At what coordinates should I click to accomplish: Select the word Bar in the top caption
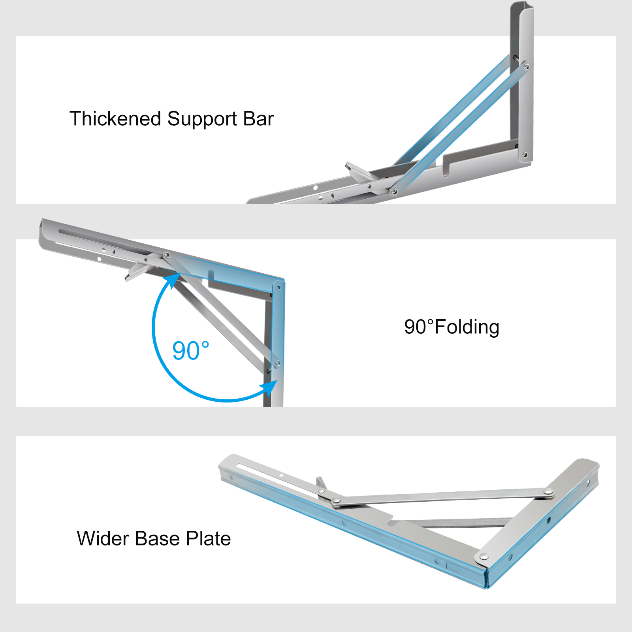[258, 119]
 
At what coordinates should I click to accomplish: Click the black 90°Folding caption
[451, 327]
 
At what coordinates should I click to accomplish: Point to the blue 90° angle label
[190, 350]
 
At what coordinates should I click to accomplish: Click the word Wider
[103, 538]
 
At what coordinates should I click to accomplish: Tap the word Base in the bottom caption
[158, 538]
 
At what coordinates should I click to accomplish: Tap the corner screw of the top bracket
[525, 155]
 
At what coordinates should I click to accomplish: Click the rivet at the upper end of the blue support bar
[526, 67]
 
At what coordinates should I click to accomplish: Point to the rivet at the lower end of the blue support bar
[394, 192]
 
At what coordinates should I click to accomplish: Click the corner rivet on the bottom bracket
[483, 557]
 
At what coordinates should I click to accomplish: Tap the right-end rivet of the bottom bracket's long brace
[548, 492]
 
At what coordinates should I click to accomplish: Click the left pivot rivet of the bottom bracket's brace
[337, 502]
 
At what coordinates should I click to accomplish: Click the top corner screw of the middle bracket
[278, 287]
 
